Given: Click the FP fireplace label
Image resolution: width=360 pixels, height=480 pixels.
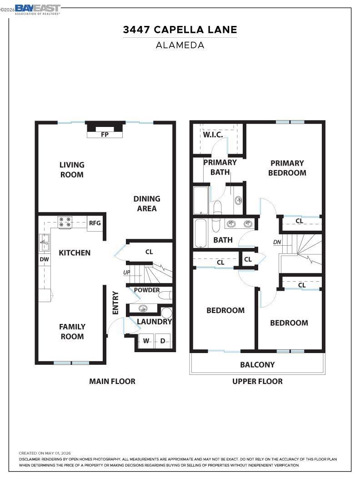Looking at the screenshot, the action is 105,134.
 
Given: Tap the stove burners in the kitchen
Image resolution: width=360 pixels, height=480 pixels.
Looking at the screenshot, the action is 65,222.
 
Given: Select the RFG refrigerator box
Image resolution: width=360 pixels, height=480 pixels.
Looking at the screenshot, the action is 95,223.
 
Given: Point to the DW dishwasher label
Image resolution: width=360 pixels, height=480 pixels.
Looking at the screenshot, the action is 45,259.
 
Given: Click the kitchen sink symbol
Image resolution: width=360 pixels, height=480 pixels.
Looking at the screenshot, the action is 45,243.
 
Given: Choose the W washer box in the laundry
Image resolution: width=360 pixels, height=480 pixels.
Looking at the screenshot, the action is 146,341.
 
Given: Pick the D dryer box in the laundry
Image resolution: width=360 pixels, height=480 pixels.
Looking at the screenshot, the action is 163,341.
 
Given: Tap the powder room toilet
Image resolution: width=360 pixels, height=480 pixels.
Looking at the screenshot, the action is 166,295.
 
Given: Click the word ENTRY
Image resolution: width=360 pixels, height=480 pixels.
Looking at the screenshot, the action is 115,303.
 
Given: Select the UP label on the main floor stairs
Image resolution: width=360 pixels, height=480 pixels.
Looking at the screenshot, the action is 127,273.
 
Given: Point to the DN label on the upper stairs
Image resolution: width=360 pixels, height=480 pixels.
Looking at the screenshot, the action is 277,242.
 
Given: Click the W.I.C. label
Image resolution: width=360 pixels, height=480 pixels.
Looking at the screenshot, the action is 213,135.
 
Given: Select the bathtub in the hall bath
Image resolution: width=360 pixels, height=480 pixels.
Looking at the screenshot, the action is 201,233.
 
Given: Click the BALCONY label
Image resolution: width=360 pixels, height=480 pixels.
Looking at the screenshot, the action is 257,364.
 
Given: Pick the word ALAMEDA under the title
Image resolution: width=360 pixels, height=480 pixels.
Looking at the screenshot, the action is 180,45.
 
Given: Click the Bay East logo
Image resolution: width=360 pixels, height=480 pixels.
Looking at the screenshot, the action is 37,10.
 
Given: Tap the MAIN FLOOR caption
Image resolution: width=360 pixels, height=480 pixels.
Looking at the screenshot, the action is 112,381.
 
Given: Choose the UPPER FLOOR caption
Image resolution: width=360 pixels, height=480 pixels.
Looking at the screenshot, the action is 257,381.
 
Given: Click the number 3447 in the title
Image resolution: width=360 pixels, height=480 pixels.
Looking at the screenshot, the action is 136,30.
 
